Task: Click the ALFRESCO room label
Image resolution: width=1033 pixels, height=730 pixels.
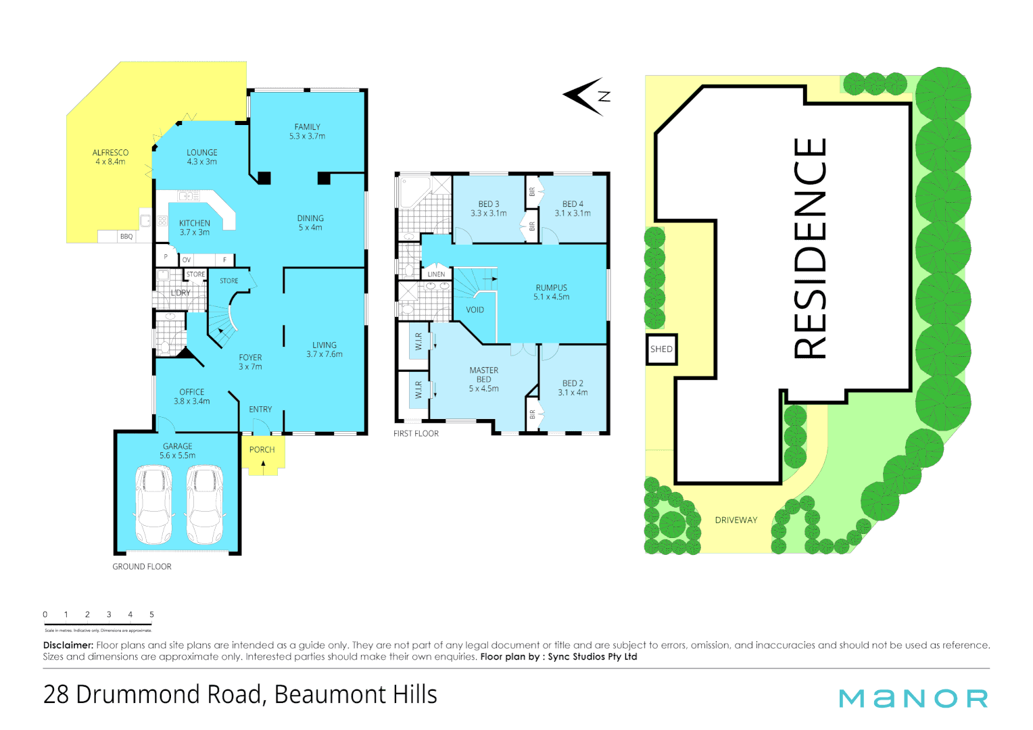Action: tap(110, 153)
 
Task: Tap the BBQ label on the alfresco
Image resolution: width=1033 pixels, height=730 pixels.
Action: tap(126, 237)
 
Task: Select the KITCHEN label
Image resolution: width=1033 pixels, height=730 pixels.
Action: tap(195, 224)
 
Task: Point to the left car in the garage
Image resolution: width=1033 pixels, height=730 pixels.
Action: tap(154, 504)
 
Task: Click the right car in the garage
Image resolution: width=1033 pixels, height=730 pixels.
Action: tap(204, 504)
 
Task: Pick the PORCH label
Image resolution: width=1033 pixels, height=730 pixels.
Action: tap(262, 449)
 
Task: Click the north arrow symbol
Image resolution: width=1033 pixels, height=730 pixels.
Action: tap(585, 96)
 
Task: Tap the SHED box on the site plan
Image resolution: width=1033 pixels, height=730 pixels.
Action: tap(661, 349)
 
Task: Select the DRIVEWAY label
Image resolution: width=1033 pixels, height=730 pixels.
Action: tap(736, 520)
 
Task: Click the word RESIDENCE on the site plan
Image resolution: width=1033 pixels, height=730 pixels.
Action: tap(810, 248)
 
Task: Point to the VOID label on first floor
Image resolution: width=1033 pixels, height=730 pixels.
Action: tap(475, 310)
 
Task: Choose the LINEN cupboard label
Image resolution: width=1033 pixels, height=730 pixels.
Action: tap(436, 274)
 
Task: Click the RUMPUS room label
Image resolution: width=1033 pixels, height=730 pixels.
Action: tap(551, 288)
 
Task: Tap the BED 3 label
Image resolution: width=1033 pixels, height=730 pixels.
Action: tap(488, 204)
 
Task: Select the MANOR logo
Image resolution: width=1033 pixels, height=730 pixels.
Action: tap(913, 698)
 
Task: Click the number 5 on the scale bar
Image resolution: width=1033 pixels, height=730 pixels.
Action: tap(151, 614)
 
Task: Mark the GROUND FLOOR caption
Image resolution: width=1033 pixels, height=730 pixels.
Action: tap(142, 566)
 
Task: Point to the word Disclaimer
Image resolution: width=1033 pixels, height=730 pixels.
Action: tap(68, 646)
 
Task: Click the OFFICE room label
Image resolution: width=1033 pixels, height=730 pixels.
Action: tap(192, 392)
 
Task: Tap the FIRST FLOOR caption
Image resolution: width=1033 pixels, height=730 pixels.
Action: tap(416, 433)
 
